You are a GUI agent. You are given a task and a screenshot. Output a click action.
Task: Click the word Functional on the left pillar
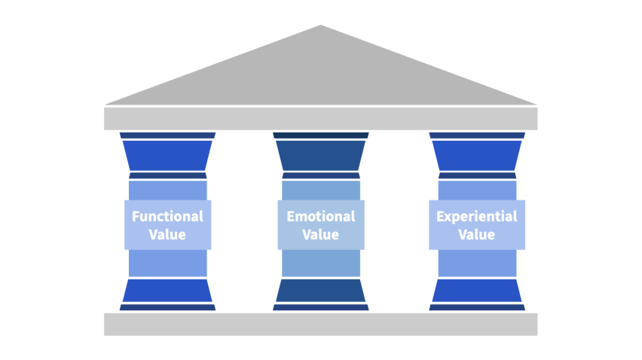click(167, 216)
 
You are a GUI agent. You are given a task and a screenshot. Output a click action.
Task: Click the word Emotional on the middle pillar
click(320, 216)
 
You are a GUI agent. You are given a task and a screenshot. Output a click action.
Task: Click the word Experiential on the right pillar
click(477, 216)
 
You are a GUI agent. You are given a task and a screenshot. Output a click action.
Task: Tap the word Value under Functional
click(167, 234)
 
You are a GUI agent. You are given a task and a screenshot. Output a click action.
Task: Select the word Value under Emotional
click(320, 234)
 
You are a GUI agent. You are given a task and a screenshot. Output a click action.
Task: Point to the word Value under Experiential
click(477, 234)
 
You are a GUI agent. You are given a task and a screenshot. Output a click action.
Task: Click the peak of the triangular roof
click(321, 28)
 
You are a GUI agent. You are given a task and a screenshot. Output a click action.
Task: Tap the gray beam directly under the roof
click(320, 118)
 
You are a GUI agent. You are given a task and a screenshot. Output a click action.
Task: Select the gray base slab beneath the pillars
click(320, 324)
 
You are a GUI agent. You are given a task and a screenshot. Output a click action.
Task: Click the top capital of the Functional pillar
click(167, 154)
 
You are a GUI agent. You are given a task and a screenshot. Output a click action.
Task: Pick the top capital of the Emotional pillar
click(320, 154)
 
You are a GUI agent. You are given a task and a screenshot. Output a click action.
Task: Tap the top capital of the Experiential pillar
click(477, 154)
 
